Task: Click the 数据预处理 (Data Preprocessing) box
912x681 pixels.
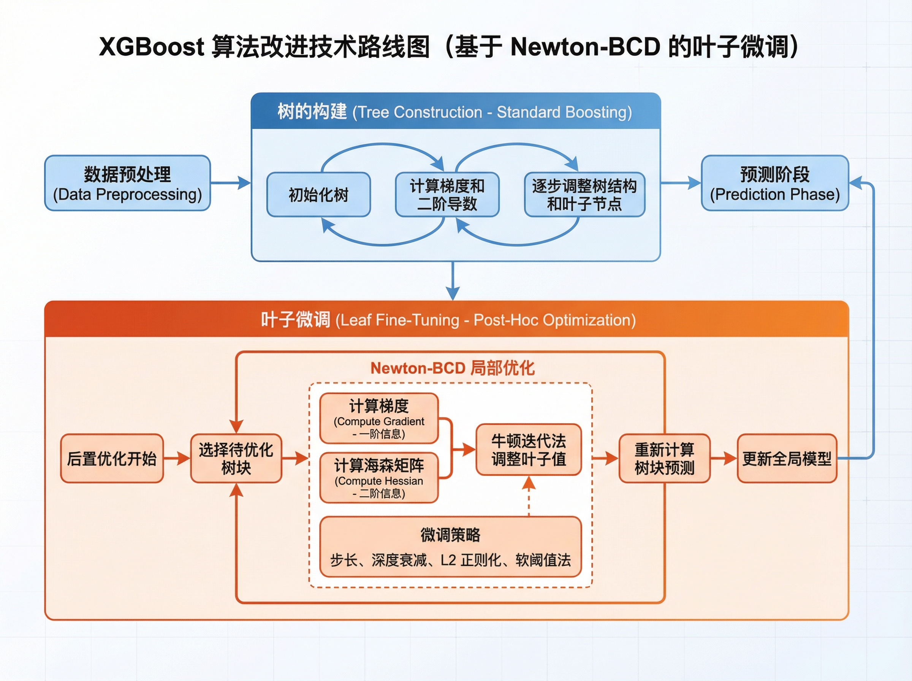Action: (x=127, y=183)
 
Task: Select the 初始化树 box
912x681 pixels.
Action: (x=318, y=195)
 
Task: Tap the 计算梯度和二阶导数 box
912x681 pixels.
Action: (x=447, y=195)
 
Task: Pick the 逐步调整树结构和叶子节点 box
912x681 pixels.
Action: (x=584, y=195)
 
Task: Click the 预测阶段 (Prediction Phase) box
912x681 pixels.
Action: (x=774, y=183)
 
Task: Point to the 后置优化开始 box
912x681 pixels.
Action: (x=112, y=458)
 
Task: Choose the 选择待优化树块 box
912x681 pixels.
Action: (x=236, y=458)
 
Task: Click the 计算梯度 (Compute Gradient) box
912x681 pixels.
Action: (x=379, y=418)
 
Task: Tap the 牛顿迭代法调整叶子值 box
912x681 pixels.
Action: (x=528, y=450)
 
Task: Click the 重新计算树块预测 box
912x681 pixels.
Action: (x=664, y=458)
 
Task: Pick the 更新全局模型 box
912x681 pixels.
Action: (x=786, y=458)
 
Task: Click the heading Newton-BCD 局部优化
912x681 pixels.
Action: (x=452, y=368)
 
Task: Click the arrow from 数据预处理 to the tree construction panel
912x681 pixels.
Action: (x=230, y=183)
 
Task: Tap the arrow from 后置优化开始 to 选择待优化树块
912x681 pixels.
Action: (x=177, y=458)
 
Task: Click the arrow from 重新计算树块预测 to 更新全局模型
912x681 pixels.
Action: (x=723, y=458)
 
